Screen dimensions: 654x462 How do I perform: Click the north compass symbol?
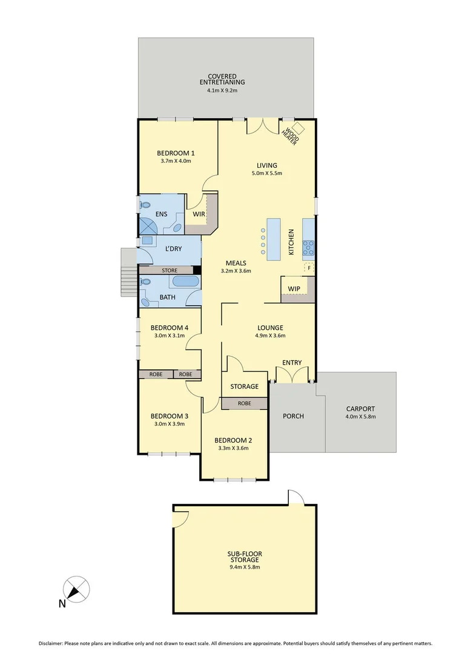tap(77, 589)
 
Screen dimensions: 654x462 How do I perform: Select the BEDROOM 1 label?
tap(176, 153)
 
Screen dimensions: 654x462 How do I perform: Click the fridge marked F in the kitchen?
tap(309, 267)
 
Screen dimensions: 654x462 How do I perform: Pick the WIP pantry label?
tap(294, 288)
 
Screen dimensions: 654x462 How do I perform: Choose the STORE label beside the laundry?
tap(169, 270)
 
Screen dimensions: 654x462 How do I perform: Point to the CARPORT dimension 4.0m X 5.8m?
tap(360, 417)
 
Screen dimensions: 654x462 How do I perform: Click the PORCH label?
tap(293, 416)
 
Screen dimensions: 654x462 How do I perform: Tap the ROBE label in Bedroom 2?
tap(244, 403)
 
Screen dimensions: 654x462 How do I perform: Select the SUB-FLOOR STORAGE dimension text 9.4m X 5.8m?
tap(244, 567)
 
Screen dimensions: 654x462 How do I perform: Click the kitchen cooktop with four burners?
tap(308, 246)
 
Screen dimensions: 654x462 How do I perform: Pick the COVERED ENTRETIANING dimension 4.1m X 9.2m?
tap(226, 91)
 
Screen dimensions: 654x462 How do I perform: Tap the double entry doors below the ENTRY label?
tap(292, 375)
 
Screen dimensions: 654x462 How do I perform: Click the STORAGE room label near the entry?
tap(244, 386)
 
